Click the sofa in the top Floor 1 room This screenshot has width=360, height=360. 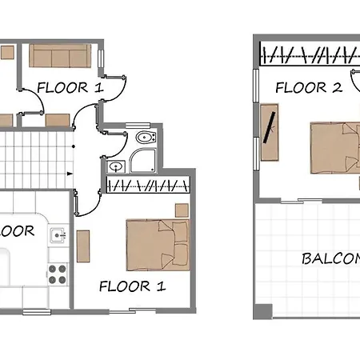(x=61, y=55)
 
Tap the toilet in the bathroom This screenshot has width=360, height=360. (x=144, y=138)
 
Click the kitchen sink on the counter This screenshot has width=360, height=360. (x=57, y=235)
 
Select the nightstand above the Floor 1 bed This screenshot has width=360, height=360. (x=180, y=210)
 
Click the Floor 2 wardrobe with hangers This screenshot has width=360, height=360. (x=308, y=56)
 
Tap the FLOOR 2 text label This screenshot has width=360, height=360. (x=308, y=87)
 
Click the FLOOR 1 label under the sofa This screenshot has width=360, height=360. (x=70, y=87)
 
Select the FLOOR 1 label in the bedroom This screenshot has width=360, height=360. (x=132, y=284)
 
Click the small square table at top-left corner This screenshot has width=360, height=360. (x=6, y=52)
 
